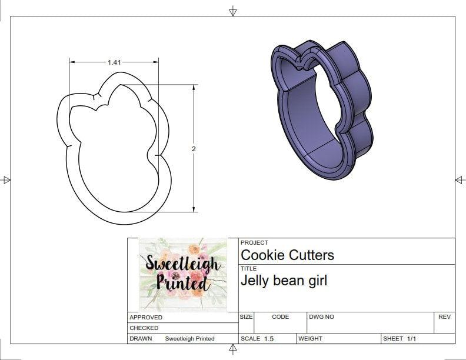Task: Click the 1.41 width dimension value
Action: coord(114,62)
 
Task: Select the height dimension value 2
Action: coord(194,149)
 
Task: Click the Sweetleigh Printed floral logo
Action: coord(183,274)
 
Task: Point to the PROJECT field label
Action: coord(254,242)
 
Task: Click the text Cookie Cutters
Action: coord(287,255)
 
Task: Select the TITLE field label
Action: coord(248,268)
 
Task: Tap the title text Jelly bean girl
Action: coord(284,281)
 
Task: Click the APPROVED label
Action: coord(146,317)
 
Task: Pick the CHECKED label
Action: coord(144,328)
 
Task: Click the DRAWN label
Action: coord(141,339)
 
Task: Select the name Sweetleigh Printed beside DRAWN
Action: coord(189,339)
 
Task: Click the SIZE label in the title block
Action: coord(247,316)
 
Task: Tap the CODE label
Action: coord(280,316)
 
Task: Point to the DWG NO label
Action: coord(321,316)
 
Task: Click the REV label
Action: coord(444,316)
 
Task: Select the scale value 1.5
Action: coord(269,339)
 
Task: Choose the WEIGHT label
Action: coord(310,339)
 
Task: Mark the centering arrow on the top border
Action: coord(233,11)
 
